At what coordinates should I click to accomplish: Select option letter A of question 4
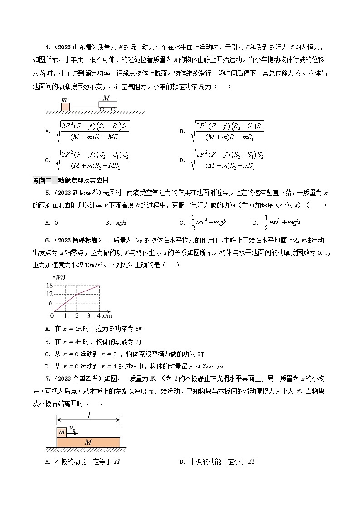coord(47,131)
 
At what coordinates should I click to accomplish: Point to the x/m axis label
coord(107,315)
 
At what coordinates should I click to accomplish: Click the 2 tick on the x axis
coord(77,315)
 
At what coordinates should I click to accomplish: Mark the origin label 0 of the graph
coord(52,315)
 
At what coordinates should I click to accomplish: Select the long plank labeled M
coord(88,442)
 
